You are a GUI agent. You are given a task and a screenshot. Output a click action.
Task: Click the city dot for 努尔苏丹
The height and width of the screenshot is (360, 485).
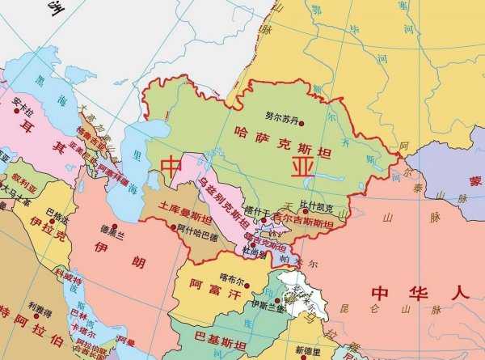point(302,124)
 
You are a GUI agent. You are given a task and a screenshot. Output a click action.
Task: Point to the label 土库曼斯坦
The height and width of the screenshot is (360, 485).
point(187,213)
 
